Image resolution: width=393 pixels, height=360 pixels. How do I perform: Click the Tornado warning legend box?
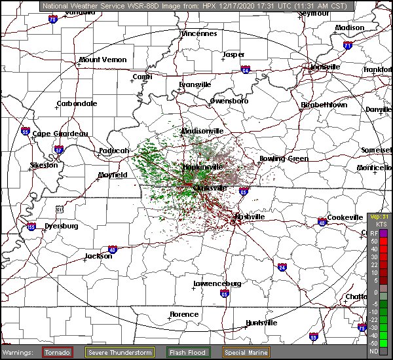coord(58,352)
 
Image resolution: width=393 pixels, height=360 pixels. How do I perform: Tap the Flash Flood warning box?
coord(188,352)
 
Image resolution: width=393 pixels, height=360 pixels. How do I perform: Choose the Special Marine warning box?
coord(250,352)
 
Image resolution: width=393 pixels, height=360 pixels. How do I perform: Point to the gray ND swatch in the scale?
coord(384,351)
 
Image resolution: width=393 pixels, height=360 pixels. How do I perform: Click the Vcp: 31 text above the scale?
coord(379,217)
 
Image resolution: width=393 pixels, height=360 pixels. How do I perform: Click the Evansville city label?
coord(195,84)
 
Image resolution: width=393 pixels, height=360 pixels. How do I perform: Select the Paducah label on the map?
coord(113,151)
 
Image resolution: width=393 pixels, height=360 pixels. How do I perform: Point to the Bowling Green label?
coord(283,159)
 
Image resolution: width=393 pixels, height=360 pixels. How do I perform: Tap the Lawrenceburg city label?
coord(217,284)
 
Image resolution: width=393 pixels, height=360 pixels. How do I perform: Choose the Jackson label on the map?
coord(98,257)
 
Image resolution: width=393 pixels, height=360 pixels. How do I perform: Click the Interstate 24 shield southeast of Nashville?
coord(282,267)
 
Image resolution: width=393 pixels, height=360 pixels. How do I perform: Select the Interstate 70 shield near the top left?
coord(52,20)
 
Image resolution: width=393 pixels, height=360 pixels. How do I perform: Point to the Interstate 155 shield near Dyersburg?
coord(31,227)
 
